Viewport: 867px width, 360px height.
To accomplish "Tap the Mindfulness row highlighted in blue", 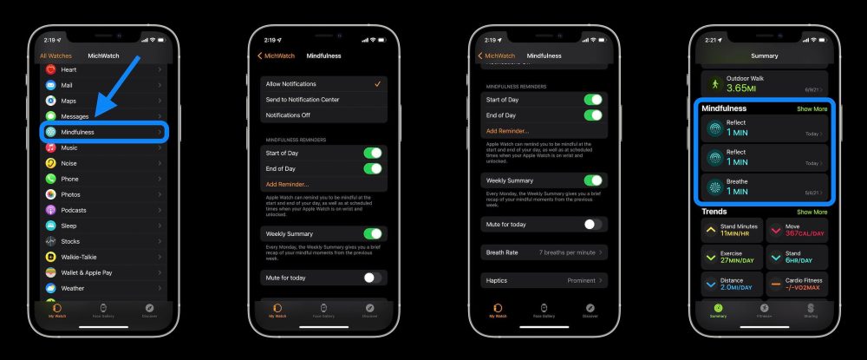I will point(104,132).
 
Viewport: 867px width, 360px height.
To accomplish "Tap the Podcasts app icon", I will point(51,210).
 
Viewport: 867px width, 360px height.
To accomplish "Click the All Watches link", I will point(55,56).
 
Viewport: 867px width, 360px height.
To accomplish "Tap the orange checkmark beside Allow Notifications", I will point(377,84).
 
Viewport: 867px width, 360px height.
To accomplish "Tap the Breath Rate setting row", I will point(544,252).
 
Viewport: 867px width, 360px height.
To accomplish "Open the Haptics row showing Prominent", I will point(544,280).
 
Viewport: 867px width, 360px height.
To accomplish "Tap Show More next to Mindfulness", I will point(812,109).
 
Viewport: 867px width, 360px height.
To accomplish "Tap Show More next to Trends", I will point(812,212).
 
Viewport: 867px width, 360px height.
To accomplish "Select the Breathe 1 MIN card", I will point(764,187).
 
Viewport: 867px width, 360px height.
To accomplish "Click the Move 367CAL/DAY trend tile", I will point(797,230).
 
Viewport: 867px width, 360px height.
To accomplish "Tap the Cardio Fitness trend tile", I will point(797,284).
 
